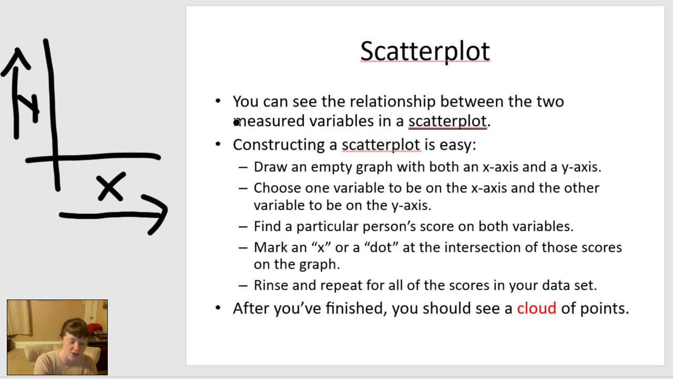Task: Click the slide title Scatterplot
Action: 425,52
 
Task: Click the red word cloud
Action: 536,308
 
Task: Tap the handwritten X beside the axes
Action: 111,188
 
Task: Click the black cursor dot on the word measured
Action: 237,123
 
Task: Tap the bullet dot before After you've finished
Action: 218,307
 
